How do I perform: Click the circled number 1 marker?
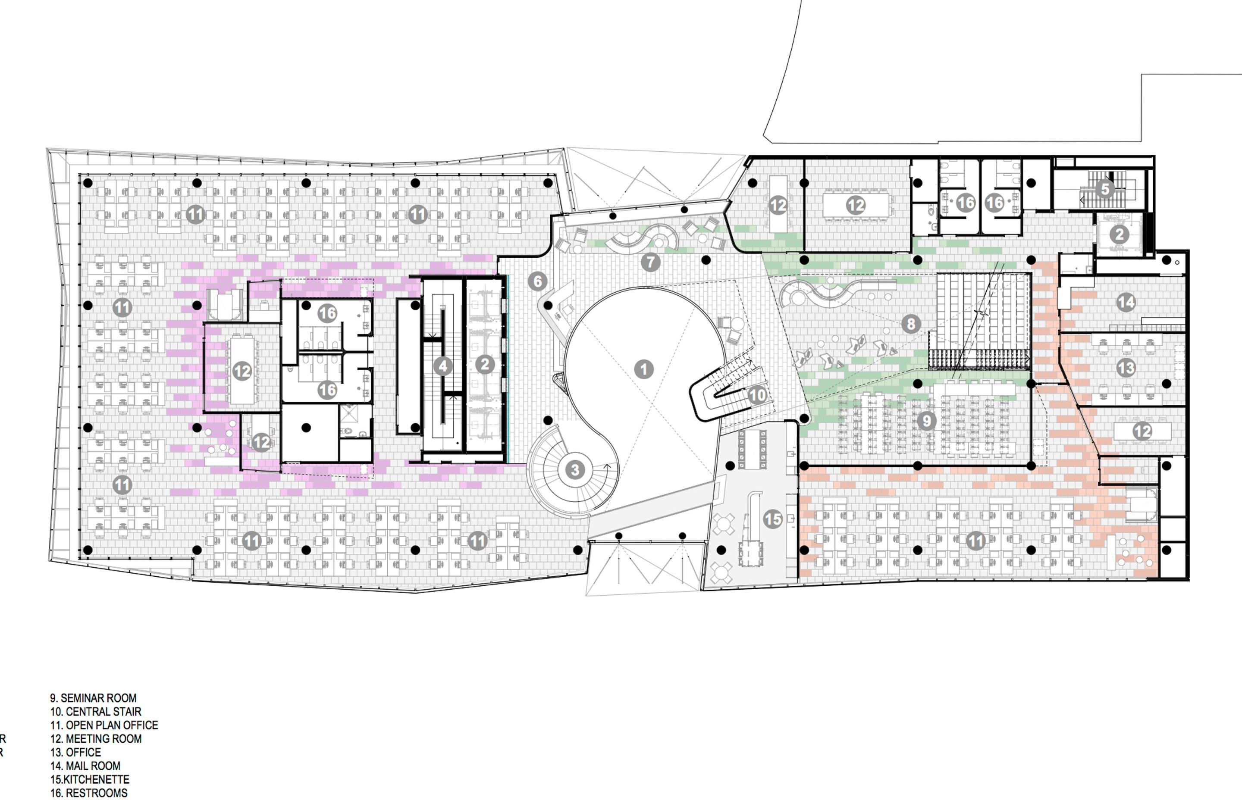(644, 369)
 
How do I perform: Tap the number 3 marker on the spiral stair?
(575, 470)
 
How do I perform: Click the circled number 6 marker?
(537, 281)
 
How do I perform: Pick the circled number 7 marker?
(650, 262)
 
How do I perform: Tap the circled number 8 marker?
(911, 324)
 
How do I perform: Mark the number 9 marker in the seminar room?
(927, 421)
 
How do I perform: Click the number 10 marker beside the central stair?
(757, 395)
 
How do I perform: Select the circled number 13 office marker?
(1126, 368)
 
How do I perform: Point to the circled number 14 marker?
(1126, 302)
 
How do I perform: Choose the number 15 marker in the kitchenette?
(773, 519)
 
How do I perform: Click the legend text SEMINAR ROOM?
(98, 698)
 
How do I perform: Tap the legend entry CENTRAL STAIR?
(103, 712)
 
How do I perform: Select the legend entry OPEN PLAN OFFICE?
(112, 725)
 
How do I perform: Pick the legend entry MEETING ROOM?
(103, 739)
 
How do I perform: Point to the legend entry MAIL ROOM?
(92, 766)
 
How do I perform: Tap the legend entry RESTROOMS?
(96, 793)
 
